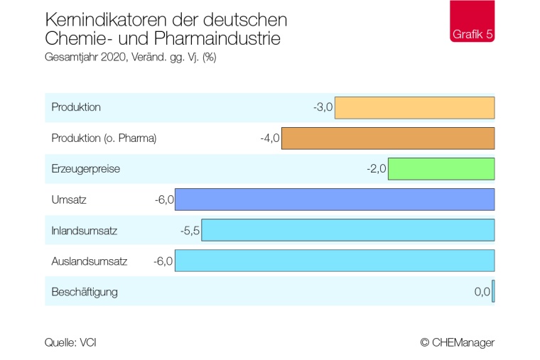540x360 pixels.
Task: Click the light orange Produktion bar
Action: click(x=414, y=108)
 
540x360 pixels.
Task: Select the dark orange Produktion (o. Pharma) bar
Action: click(x=388, y=138)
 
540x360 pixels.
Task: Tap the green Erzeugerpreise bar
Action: click(x=441, y=169)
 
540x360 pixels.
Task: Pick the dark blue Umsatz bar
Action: click(x=335, y=200)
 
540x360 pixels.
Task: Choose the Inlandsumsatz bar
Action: click(x=348, y=230)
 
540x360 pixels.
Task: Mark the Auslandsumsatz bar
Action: click(x=335, y=261)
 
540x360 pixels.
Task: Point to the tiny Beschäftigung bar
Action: click(x=493, y=291)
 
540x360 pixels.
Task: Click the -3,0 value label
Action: click(x=323, y=108)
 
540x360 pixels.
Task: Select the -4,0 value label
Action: click(x=270, y=138)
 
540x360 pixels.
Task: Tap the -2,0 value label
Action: click(x=376, y=169)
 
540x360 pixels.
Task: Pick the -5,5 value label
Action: click(x=190, y=230)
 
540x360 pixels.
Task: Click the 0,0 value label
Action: click(x=482, y=291)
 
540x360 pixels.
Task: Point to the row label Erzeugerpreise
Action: click(x=85, y=169)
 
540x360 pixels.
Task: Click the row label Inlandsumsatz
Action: click(x=84, y=230)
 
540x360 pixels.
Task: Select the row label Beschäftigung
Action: click(x=85, y=291)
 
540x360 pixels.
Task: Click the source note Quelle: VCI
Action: click(x=70, y=342)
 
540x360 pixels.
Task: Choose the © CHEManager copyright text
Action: click(x=457, y=342)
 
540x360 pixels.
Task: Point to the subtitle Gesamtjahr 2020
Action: click(x=85, y=58)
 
